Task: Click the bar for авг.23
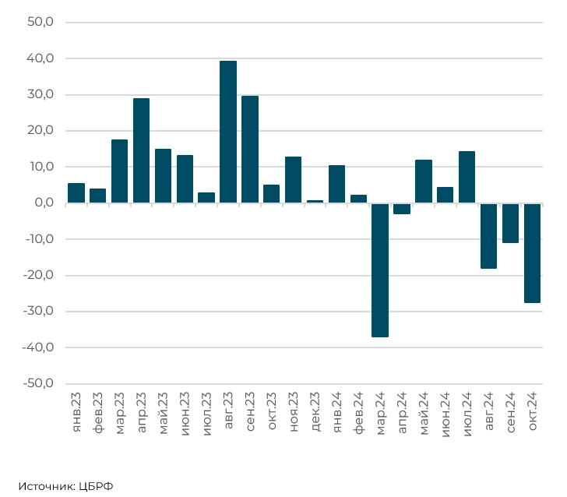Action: [x=228, y=132]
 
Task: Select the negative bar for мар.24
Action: [x=380, y=270]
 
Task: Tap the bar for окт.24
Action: [x=532, y=252]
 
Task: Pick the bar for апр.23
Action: [x=141, y=150]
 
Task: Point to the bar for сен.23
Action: [x=250, y=149]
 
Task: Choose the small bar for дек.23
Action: [x=315, y=201]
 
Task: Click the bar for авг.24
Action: [x=488, y=235]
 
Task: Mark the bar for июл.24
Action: [x=467, y=177]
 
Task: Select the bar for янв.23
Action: [x=76, y=192]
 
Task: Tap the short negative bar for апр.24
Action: [x=402, y=208]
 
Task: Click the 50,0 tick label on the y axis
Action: [x=40, y=23]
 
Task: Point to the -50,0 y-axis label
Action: [x=37, y=383]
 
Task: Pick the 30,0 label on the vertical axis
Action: [x=40, y=94]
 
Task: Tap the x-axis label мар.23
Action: [x=120, y=414]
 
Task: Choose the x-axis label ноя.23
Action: [x=294, y=414]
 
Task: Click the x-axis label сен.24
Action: [x=511, y=414]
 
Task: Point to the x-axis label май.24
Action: [x=424, y=414]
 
